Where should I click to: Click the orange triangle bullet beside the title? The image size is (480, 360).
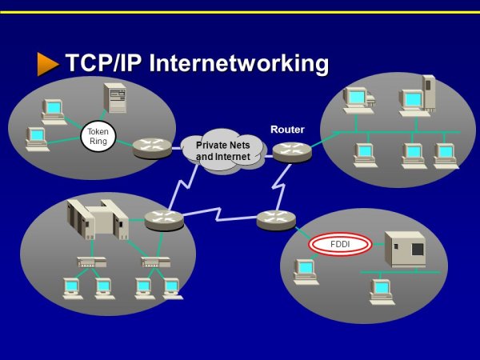pos(47,64)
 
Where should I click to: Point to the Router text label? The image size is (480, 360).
pos(287,129)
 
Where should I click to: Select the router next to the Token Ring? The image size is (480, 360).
pos(151,147)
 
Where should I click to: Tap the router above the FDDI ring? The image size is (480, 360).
pos(277,218)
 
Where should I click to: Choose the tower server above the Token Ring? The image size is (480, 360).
pos(115,98)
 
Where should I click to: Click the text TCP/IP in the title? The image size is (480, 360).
pos(102,63)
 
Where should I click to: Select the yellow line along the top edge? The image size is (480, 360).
pos(240,12)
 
